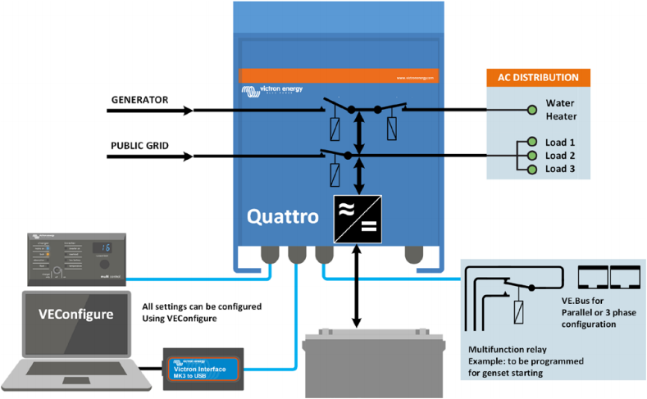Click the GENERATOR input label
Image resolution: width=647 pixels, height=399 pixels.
click(x=139, y=101)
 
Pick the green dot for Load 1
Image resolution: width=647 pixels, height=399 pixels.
click(x=531, y=141)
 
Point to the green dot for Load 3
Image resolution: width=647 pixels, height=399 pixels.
click(x=531, y=169)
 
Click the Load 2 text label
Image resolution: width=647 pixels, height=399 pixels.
click(x=560, y=155)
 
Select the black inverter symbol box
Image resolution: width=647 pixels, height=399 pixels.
click(x=355, y=220)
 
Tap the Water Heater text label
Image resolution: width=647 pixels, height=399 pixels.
click(x=563, y=110)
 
